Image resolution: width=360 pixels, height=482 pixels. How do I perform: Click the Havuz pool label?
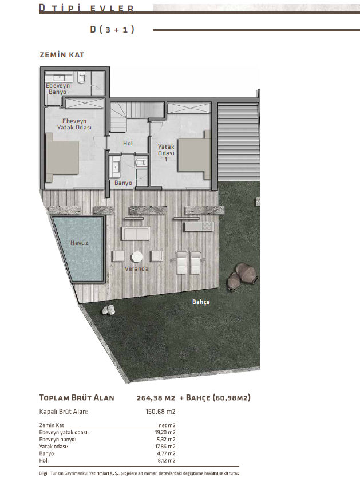[79, 243]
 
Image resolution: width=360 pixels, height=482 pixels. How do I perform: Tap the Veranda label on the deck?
[136, 268]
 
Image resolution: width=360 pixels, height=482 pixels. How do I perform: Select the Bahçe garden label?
[201, 302]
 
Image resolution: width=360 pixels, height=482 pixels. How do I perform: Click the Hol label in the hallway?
[128, 143]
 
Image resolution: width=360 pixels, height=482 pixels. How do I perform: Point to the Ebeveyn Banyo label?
[58, 89]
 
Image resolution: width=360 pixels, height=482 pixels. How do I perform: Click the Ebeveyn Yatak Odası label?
[74, 124]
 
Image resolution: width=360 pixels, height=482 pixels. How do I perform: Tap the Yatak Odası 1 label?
[166, 153]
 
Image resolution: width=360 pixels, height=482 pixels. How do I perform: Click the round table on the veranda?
[137, 256]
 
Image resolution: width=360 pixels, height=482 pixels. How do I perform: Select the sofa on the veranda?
[136, 234]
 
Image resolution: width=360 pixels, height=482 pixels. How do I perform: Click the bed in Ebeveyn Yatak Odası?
[62, 157]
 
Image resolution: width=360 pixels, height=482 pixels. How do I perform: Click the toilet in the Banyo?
[140, 161]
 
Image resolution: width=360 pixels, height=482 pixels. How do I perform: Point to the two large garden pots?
[242, 276]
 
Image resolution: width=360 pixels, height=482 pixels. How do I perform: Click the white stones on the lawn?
[109, 310]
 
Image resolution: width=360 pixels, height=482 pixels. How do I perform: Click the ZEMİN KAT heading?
[62, 55]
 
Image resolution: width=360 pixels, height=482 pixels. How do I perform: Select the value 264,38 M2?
[156, 398]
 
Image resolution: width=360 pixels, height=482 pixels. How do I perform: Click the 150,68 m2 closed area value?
[160, 412]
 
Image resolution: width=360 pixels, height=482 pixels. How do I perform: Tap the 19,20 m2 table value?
[165, 432]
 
